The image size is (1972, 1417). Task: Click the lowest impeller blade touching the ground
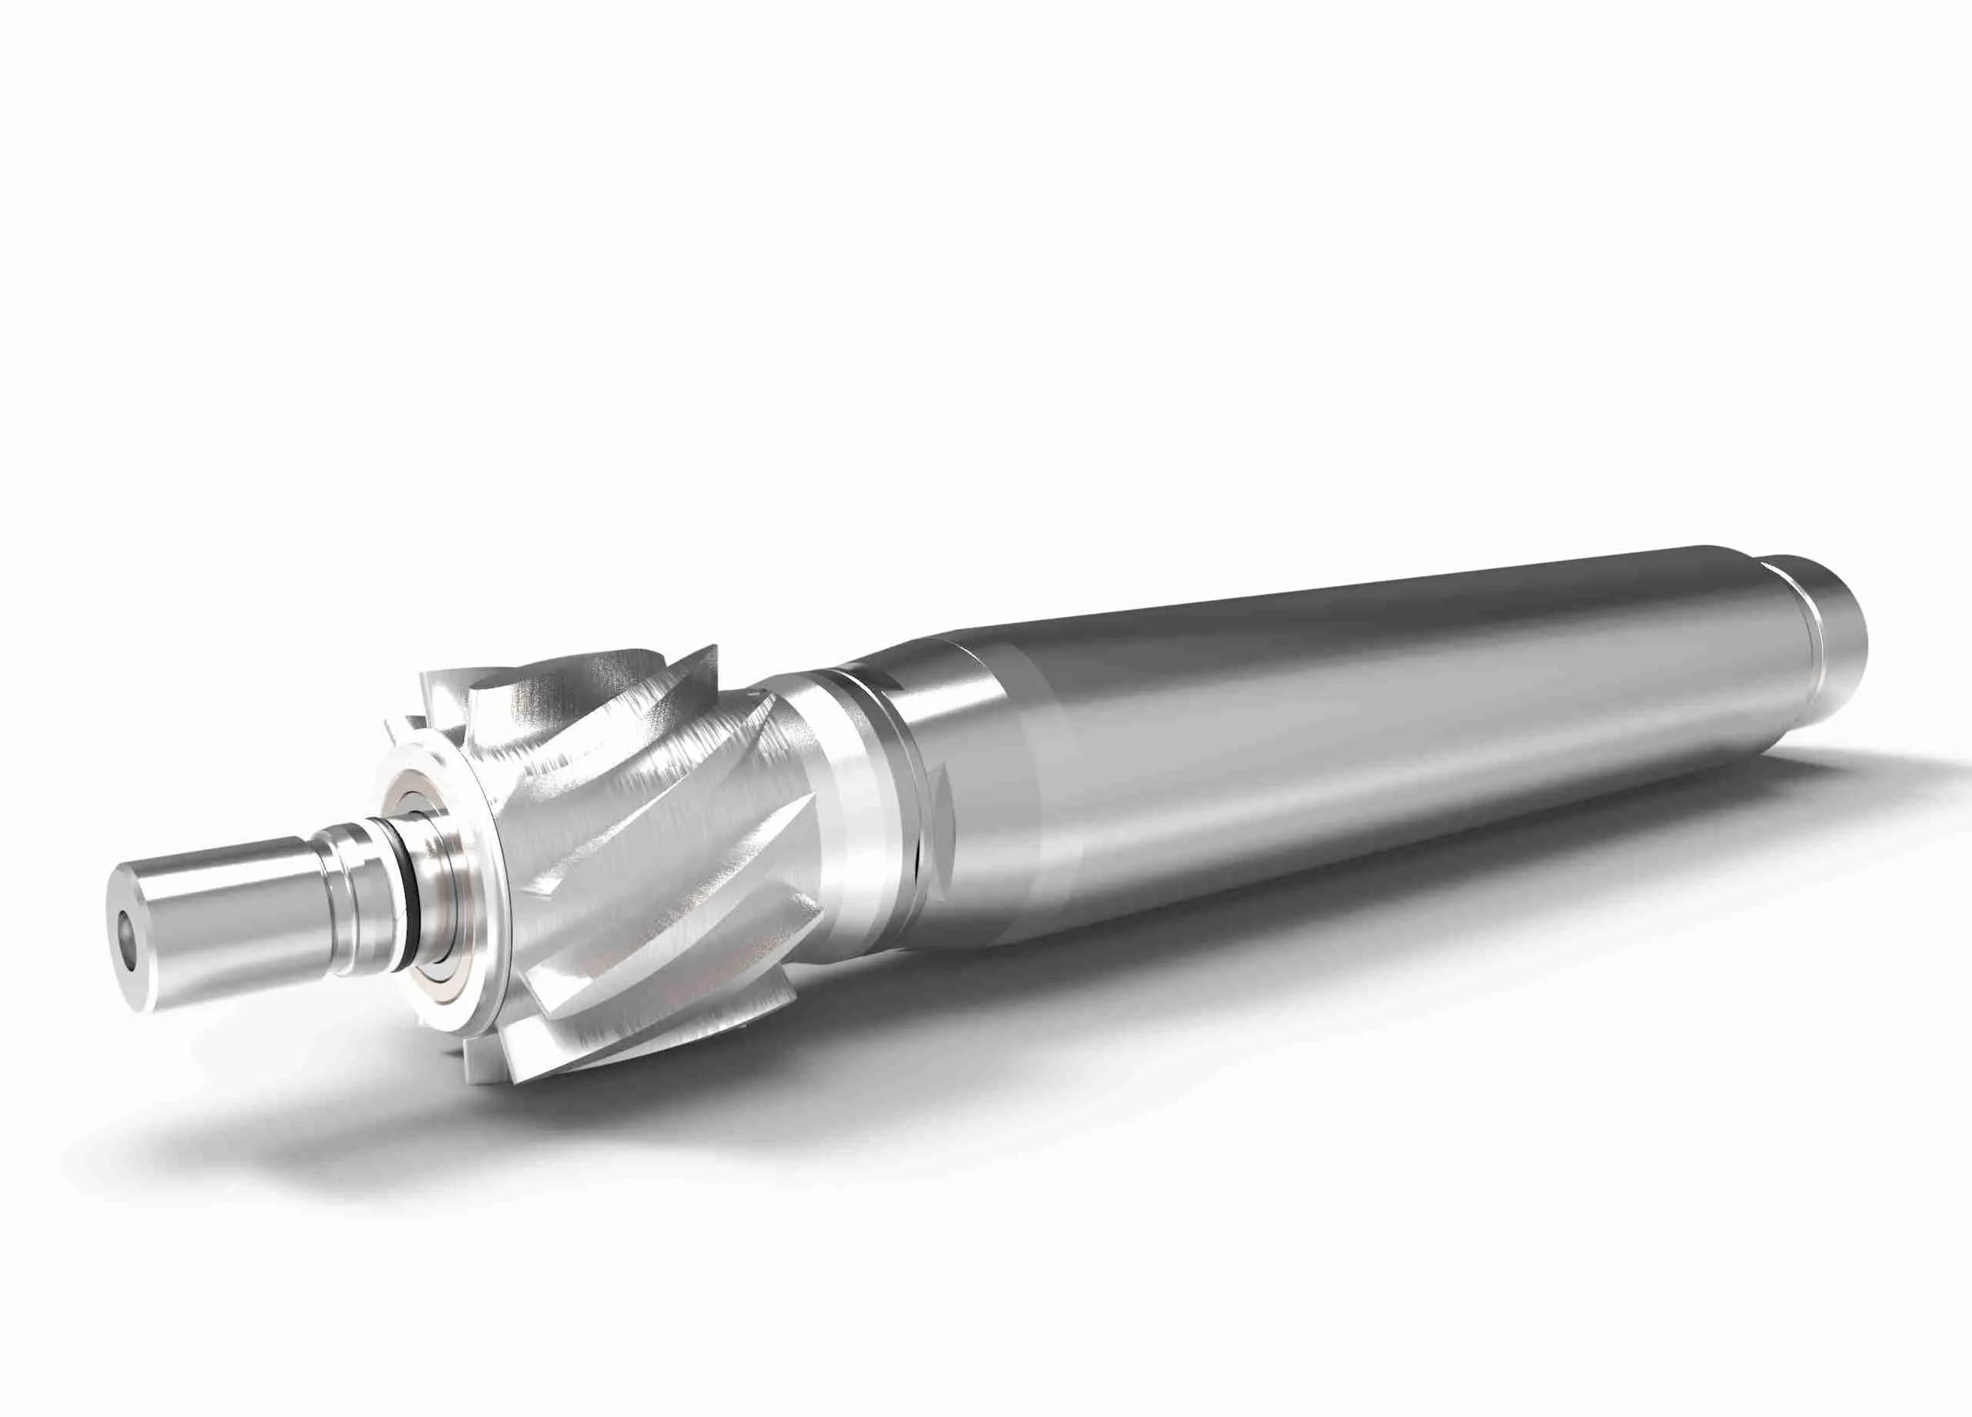522,1065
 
